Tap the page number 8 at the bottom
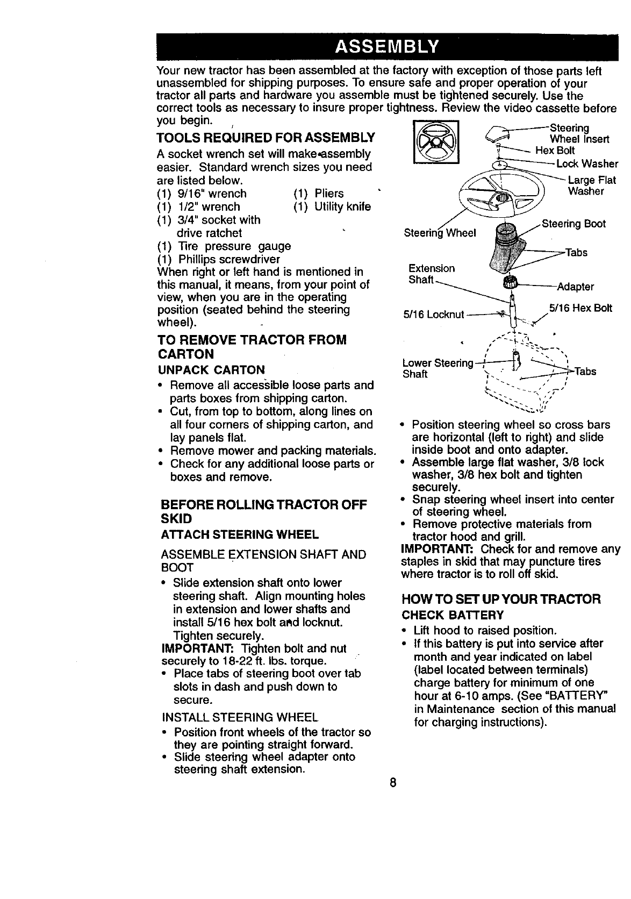(393, 783)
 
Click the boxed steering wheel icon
(434, 142)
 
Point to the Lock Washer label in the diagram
(587, 163)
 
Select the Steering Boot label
(573, 224)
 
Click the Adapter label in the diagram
(575, 287)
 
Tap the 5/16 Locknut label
(433, 314)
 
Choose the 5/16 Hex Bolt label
(580, 308)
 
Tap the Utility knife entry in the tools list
(342, 206)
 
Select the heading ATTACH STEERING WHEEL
(240, 534)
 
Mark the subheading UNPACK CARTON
(211, 370)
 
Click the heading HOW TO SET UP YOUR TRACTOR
(501, 599)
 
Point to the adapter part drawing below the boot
(508, 283)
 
